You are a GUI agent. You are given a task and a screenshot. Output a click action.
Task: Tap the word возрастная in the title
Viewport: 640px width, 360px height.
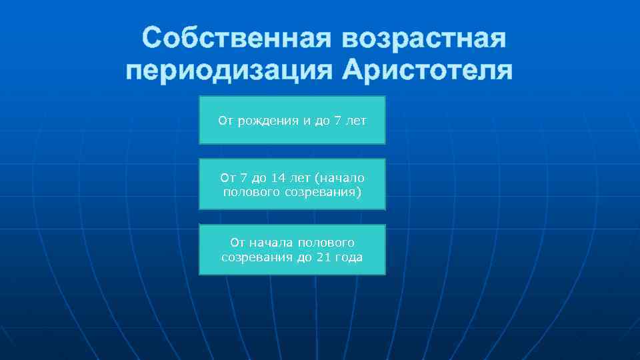click(424, 39)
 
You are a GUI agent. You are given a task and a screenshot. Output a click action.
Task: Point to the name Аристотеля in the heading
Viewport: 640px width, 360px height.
click(427, 71)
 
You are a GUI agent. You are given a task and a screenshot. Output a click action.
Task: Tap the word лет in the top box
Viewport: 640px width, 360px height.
click(356, 121)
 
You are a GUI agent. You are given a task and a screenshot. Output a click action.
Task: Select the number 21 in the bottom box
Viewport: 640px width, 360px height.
click(327, 257)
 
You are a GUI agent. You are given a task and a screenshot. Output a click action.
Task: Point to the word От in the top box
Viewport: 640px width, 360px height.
click(225, 121)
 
